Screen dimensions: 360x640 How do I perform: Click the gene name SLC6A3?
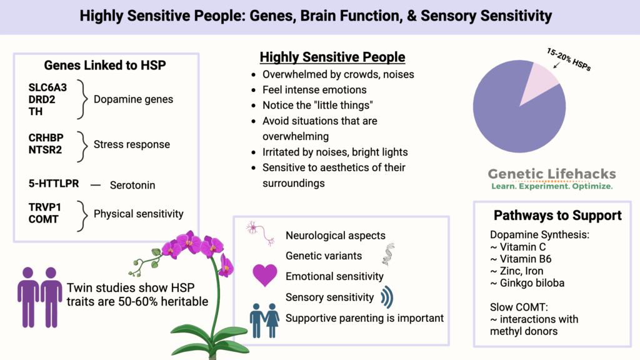tap(47, 88)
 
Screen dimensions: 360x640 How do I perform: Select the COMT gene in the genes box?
tap(43, 219)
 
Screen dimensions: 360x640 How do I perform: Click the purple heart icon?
tap(265, 276)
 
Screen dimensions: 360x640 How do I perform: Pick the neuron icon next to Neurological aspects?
tap(261, 233)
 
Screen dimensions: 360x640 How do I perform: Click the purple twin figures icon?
tap(40, 297)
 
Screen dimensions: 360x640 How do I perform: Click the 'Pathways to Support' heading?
tap(557, 216)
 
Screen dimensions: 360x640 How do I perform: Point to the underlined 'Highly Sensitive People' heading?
tap(332, 57)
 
